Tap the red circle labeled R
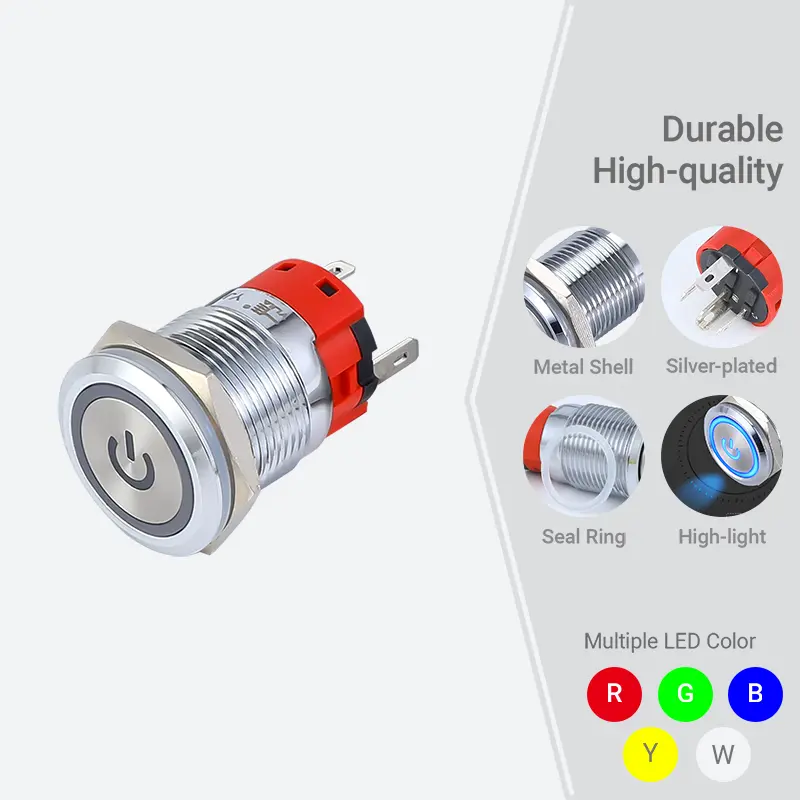pyautogui.click(x=614, y=692)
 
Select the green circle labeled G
pyautogui.click(x=685, y=692)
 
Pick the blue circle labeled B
pyautogui.click(x=755, y=692)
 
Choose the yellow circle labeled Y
pyautogui.click(x=650, y=753)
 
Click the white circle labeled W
pyautogui.click(x=722, y=753)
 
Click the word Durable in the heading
pyautogui.click(x=722, y=129)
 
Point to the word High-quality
pyautogui.click(x=687, y=171)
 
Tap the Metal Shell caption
pyautogui.click(x=583, y=367)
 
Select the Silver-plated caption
pyautogui.click(x=721, y=366)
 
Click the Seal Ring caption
pyautogui.click(x=583, y=537)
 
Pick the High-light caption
pyautogui.click(x=721, y=537)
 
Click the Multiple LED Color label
pyautogui.click(x=669, y=641)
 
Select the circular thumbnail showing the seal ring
pyautogui.click(x=583, y=456)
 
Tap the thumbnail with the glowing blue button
pyautogui.click(x=721, y=456)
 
